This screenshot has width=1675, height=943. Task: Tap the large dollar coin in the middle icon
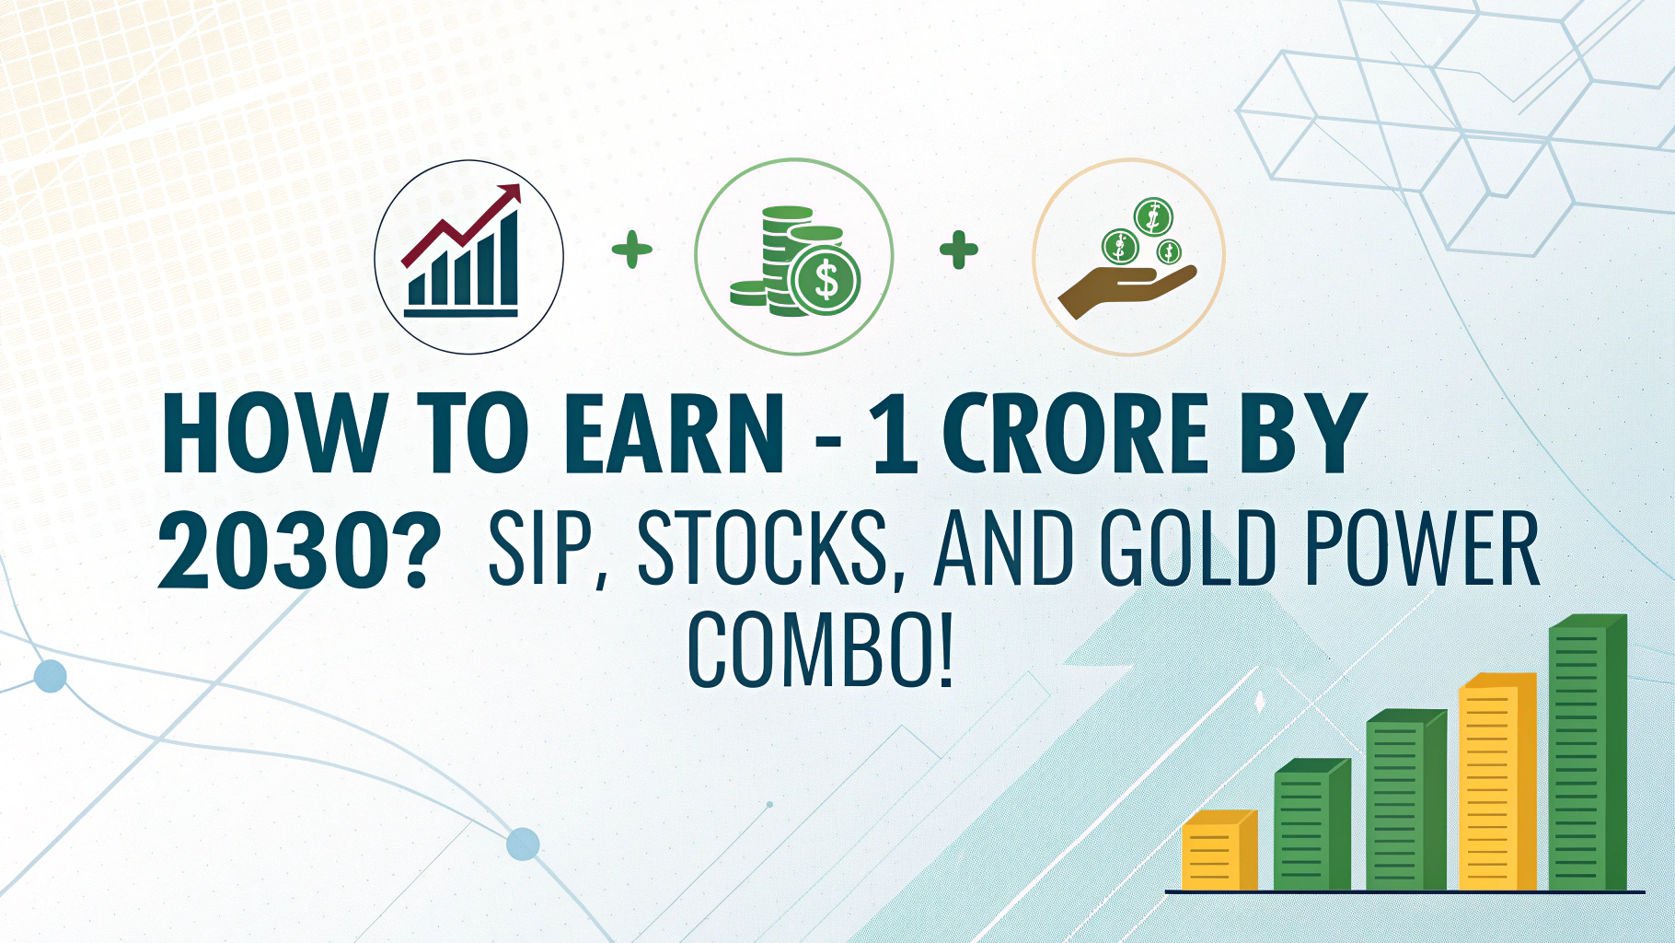point(826,280)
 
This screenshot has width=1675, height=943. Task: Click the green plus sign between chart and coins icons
point(632,250)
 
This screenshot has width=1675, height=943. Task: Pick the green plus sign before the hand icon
point(959,250)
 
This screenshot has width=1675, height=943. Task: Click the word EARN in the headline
point(675,433)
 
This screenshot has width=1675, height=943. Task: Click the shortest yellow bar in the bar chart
point(1219,850)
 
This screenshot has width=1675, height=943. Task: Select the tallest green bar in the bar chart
point(1588,752)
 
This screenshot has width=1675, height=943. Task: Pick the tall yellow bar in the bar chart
point(1497,782)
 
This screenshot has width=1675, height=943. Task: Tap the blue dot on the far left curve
point(50,676)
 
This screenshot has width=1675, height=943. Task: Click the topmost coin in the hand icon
point(1152,217)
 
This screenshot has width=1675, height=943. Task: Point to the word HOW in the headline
point(273,433)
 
